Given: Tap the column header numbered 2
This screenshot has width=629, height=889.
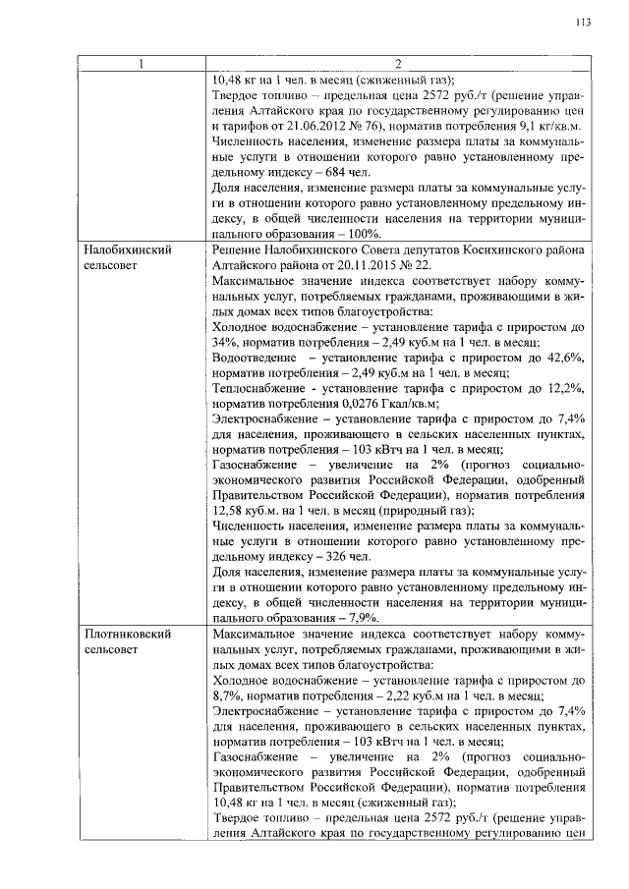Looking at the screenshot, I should coord(398,65).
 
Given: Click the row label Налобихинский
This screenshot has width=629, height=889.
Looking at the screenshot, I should coord(129,250).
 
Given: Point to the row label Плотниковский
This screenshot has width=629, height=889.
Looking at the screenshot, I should coord(129,634).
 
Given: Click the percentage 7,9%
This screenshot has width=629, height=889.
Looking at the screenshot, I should coord(361,618).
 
